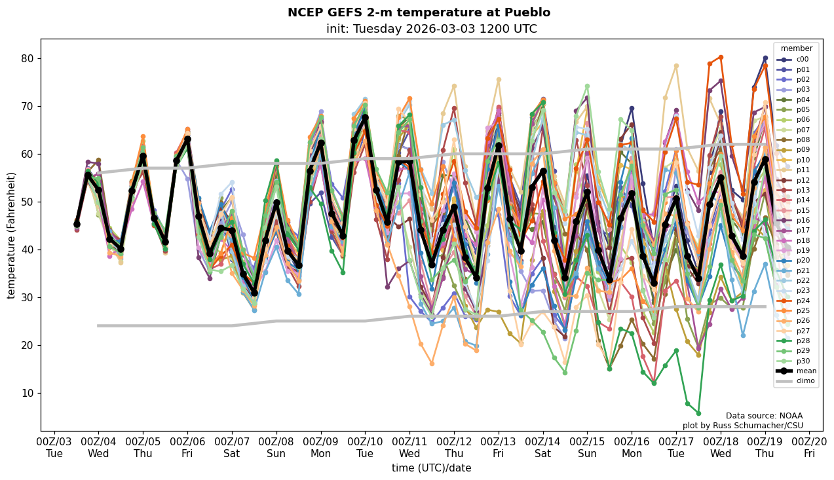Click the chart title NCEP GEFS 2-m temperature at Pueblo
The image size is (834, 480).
click(x=419, y=12)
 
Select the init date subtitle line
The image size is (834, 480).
click(x=431, y=29)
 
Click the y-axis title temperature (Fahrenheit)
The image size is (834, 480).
click(x=12, y=235)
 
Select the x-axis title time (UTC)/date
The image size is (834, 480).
click(x=431, y=468)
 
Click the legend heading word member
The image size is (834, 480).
click(x=796, y=48)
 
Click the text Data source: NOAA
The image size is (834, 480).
click(x=764, y=416)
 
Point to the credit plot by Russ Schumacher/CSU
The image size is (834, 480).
click(x=742, y=426)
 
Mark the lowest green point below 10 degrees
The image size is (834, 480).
click(x=698, y=413)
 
